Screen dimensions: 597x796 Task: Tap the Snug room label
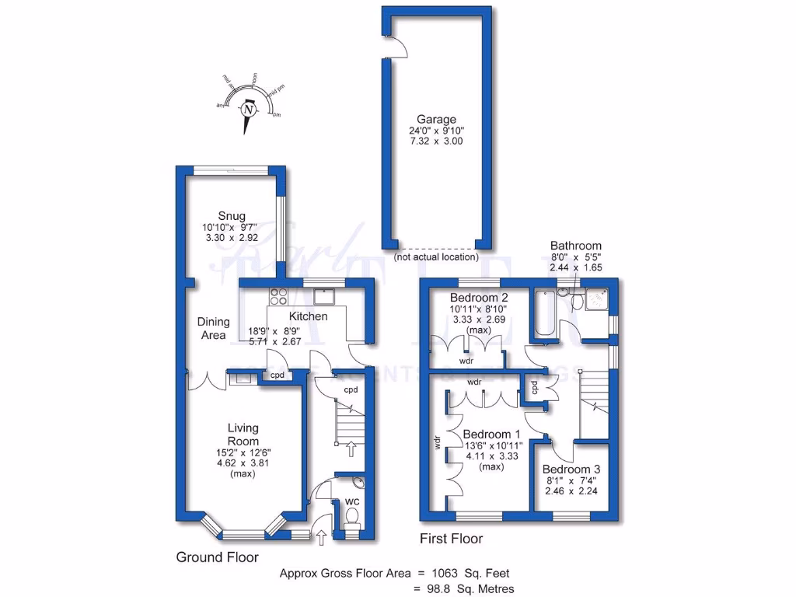coord(232,216)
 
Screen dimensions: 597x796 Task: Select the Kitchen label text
coord(308,316)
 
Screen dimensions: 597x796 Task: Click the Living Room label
coord(243,435)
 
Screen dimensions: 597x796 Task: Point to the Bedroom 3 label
coord(571,470)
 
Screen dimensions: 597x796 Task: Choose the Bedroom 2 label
coord(480,298)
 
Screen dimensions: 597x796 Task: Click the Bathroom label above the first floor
coord(576,246)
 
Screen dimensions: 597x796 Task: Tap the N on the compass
coord(248,110)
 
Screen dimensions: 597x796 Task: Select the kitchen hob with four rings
coord(278,295)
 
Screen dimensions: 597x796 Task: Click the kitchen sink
coord(324,295)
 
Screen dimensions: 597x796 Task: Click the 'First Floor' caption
coord(451,539)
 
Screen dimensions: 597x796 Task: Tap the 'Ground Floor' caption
coord(218,557)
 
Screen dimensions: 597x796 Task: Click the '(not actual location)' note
coord(436,257)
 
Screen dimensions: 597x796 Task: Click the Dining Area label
coord(213,328)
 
